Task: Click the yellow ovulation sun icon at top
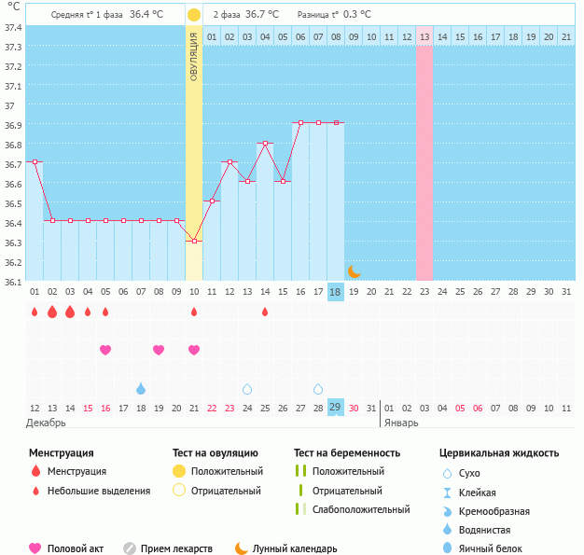193,15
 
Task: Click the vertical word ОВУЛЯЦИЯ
193,56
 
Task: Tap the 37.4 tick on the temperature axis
13,28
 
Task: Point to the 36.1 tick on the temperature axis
13,281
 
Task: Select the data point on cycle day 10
194,241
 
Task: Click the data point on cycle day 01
35,161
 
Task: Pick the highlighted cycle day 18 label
336,292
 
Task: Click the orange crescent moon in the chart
354,271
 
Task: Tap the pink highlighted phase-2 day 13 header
424,36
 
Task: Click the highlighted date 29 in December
336,408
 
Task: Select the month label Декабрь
48,423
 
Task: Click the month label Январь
402,423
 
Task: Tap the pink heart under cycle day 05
105,350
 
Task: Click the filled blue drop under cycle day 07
141,388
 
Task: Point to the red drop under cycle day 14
265,312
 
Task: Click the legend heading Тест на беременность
346,453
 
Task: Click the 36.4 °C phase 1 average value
146,15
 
